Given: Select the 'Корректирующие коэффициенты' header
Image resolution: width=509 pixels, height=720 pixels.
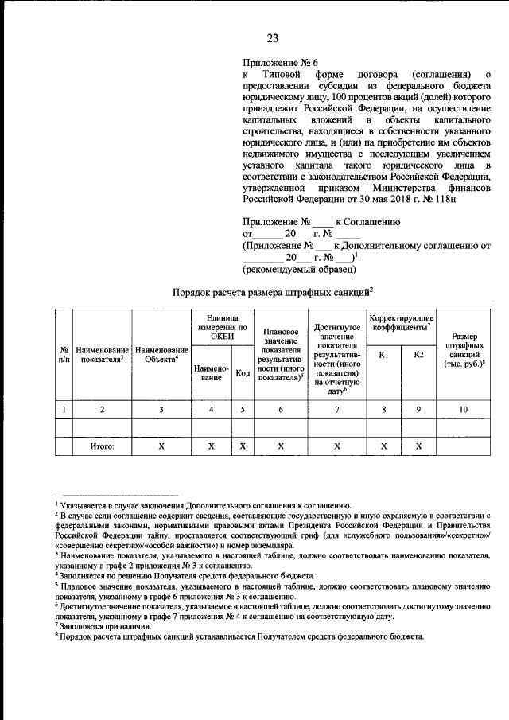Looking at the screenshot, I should (401, 323).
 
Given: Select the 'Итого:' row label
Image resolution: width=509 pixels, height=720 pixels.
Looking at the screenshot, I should (102, 447).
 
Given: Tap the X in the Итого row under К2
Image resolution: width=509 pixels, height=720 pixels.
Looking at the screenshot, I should (419, 447).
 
